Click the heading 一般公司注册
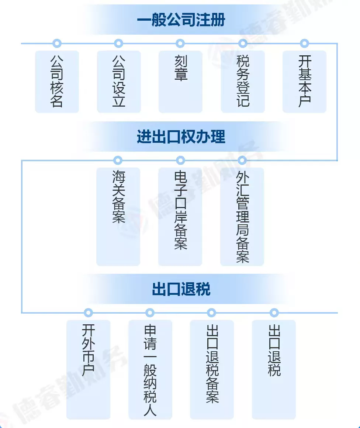pyautogui.click(x=181, y=20)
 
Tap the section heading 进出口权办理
pyautogui.click(x=181, y=137)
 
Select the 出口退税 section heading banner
pyautogui.click(x=181, y=289)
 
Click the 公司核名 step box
pyautogui.click(x=57, y=82)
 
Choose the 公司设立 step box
pyautogui.click(x=119, y=82)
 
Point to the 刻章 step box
pyautogui.click(x=180, y=82)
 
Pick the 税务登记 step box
pyautogui.click(x=243, y=82)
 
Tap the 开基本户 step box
pyautogui.click(x=304, y=82)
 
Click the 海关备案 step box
pyautogui.click(x=118, y=217)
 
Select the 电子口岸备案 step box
pyautogui.click(x=180, y=217)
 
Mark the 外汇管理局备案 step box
pyautogui.click(x=242, y=217)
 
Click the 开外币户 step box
pyautogui.click(x=88, y=369)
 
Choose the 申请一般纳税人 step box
pyautogui.click(x=150, y=369)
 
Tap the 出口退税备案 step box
pyautogui.click(x=212, y=369)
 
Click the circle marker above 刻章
pyautogui.click(x=180, y=44)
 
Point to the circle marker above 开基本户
pyautogui.click(x=304, y=44)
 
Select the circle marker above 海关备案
pyautogui.click(x=118, y=160)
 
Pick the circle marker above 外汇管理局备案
pyautogui.click(x=242, y=160)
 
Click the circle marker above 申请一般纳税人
pyautogui.click(x=149, y=313)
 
